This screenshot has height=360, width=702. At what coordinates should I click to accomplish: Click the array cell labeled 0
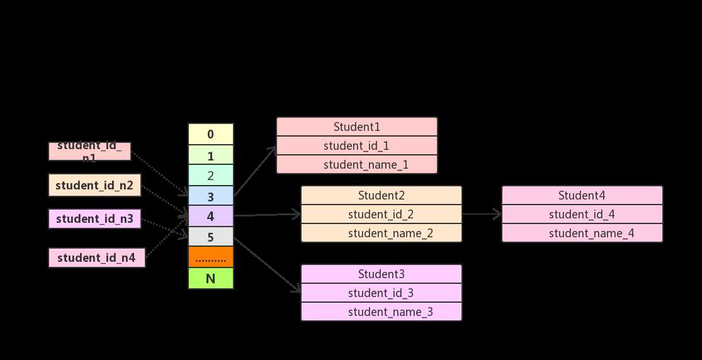click(210, 134)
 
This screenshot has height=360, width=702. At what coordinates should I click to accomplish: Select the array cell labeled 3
click(210, 196)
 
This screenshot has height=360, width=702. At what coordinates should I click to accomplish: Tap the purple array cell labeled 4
click(210, 217)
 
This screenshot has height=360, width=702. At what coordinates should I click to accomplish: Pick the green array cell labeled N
click(210, 278)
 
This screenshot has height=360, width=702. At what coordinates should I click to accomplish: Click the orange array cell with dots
click(210, 257)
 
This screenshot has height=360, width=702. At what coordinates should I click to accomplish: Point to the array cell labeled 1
click(210, 155)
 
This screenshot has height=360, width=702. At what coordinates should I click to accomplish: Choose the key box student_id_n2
click(94, 185)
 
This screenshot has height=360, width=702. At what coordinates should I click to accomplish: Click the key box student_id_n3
click(94, 219)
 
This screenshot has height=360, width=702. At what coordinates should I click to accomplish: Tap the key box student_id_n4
click(97, 257)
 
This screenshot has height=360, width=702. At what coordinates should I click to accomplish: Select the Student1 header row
click(356, 127)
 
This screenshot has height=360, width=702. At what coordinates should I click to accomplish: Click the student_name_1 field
click(356, 165)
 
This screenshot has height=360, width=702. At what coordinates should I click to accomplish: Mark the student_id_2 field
click(381, 214)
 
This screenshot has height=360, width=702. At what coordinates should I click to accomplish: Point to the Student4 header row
click(582, 195)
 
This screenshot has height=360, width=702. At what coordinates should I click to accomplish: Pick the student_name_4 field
click(582, 233)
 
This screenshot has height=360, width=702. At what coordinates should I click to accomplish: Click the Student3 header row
click(381, 274)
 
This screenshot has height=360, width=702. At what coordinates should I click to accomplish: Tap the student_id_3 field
click(381, 293)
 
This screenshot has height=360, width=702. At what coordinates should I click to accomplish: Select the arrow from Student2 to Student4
click(482, 214)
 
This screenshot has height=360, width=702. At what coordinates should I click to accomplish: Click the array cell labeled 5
click(210, 237)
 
